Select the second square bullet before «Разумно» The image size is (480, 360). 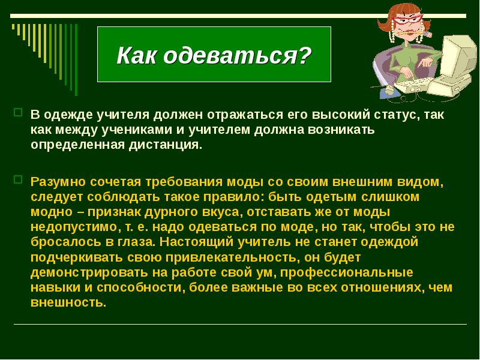18,179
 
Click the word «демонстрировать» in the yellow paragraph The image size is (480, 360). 84,273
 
